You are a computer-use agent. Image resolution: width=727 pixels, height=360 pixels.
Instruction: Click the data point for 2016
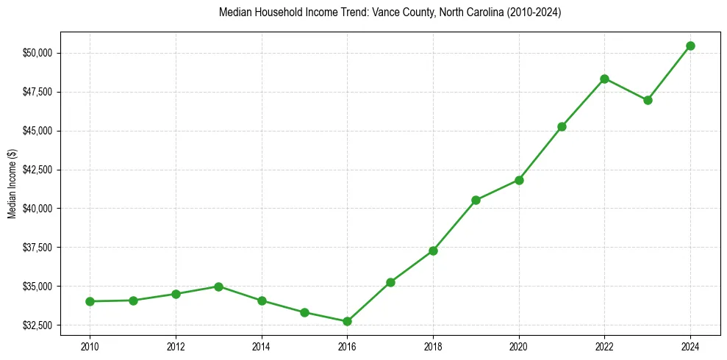pos(347,321)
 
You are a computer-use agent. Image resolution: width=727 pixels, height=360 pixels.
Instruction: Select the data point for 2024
pos(690,46)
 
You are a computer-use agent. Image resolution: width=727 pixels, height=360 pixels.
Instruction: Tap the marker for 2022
pos(604,79)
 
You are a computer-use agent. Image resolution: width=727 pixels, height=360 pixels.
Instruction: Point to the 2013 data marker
pos(218,287)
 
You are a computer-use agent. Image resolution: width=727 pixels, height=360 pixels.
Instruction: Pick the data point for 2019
pos(476,200)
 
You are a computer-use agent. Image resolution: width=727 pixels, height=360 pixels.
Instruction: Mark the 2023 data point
pos(648,100)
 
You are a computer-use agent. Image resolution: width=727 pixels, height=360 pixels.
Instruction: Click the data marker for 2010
pos(90,301)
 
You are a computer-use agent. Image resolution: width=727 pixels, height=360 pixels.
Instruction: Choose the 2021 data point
pos(562,126)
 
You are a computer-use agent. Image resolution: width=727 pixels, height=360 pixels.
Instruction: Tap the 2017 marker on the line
pos(390,282)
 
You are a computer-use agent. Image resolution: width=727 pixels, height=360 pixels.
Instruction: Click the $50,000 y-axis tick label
pos(38,53)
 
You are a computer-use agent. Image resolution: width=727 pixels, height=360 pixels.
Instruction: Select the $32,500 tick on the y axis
pos(38,325)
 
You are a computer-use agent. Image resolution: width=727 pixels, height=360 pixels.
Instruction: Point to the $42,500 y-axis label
pos(38,170)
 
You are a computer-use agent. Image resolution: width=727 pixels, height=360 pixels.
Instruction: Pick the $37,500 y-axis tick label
pos(38,247)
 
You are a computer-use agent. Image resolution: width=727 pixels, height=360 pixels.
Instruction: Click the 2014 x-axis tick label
pos(261,345)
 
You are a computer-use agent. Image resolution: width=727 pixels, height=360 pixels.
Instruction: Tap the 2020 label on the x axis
pos(519,345)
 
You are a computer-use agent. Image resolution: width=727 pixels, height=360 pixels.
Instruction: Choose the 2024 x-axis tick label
pos(690,345)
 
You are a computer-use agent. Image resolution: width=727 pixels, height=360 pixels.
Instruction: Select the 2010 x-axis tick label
pos(90,345)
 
